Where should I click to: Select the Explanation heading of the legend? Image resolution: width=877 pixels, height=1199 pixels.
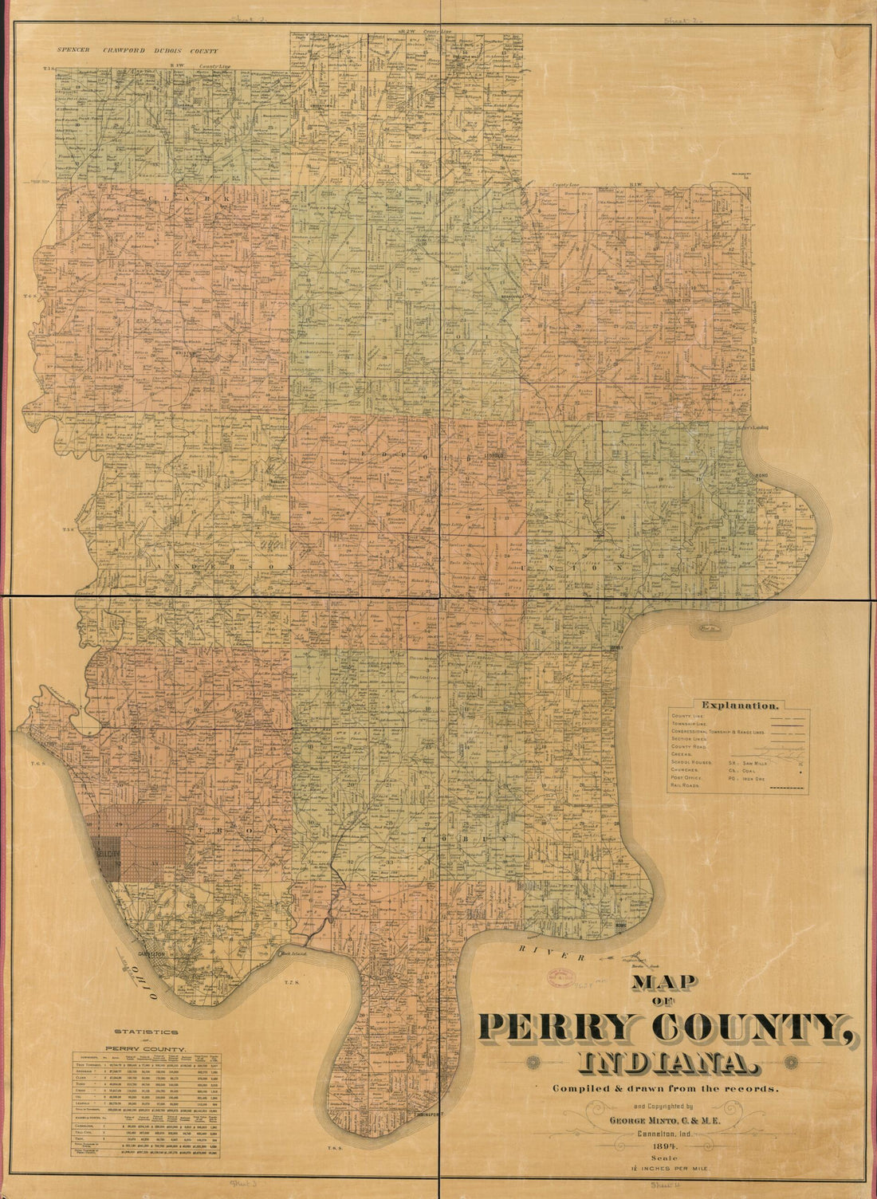pyautogui.click(x=737, y=705)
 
